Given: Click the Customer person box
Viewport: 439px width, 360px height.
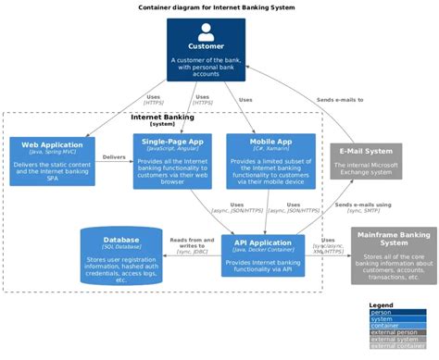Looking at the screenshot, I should [206, 50].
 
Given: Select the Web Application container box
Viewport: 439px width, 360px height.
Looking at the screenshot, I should [52, 161].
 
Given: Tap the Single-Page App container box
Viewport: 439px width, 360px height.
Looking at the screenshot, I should [172, 161].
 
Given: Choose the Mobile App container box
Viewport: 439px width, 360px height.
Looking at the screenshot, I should [270, 161].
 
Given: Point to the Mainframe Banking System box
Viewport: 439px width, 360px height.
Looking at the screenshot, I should [394, 254].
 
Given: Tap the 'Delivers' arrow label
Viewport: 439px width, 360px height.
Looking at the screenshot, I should [114, 157].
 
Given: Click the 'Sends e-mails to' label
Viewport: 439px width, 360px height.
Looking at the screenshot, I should [340, 98].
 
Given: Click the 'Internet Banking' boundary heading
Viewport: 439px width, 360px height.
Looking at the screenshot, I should [162, 117].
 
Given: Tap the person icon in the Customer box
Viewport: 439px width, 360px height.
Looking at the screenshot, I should [206, 32].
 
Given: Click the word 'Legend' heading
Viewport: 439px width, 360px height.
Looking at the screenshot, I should [381, 305].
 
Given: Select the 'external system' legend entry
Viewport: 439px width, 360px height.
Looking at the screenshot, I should [388, 340].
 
